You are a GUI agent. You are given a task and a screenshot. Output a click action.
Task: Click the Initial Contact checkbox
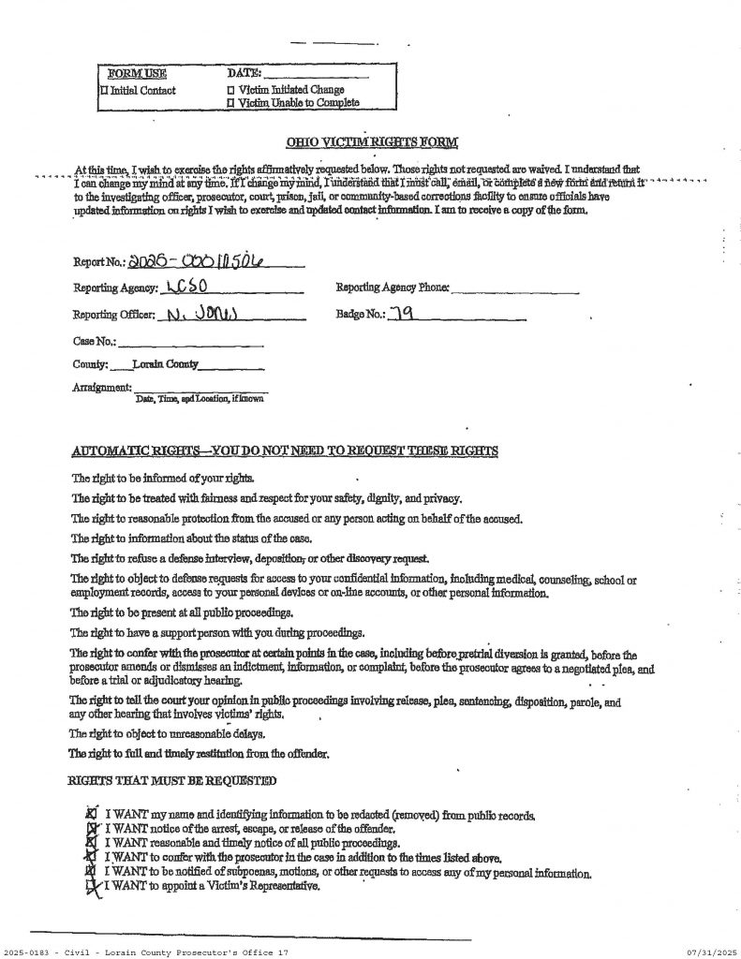(104, 91)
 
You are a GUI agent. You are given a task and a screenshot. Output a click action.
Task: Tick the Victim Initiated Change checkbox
(231, 91)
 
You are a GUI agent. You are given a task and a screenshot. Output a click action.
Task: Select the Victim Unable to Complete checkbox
(231, 103)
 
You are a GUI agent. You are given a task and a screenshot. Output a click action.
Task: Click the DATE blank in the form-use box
(315, 74)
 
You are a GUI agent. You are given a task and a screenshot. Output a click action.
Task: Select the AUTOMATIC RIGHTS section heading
(285, 451)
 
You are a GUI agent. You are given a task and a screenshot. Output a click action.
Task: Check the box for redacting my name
(92, 815)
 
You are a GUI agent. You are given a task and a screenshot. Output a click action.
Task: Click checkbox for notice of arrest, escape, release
(92, 829)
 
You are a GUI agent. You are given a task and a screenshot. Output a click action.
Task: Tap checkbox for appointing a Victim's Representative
(92, 885)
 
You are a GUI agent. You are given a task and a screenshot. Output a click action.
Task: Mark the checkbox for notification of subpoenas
(92, 871)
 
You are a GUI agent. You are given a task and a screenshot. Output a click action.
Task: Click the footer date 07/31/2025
(711, 952)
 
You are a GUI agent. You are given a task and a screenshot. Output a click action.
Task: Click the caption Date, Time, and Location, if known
(200, 398)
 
